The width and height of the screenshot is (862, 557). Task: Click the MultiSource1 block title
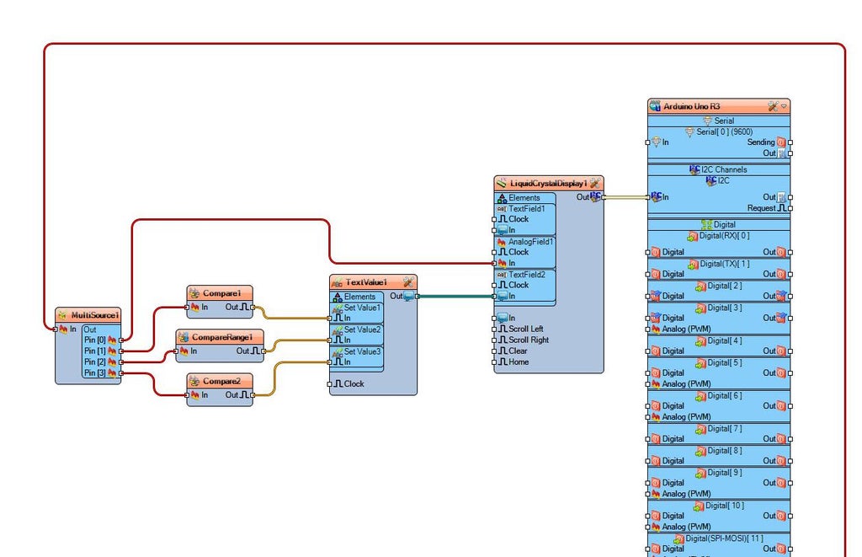[93, 315]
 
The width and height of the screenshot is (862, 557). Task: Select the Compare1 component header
[221, 293]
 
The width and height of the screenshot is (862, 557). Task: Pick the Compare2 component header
[221, 381]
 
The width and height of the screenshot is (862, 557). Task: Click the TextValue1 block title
[366, 282]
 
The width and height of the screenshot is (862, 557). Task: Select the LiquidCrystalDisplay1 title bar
[548, 183]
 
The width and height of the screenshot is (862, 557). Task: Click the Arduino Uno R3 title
[692, 106]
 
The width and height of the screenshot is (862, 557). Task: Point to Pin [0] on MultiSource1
[95, 340]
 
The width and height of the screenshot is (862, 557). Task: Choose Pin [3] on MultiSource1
[95, 372]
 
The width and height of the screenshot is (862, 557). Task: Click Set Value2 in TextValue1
[362, 329]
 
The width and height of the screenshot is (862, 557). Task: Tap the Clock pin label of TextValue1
[354, 383]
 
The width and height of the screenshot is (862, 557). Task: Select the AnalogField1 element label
[530, 242]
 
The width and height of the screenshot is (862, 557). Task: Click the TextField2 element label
[526, 275]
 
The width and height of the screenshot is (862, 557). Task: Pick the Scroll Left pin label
[525, 329]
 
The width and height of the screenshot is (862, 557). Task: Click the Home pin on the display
[519, 362]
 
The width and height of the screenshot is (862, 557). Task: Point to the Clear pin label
[518, 351]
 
